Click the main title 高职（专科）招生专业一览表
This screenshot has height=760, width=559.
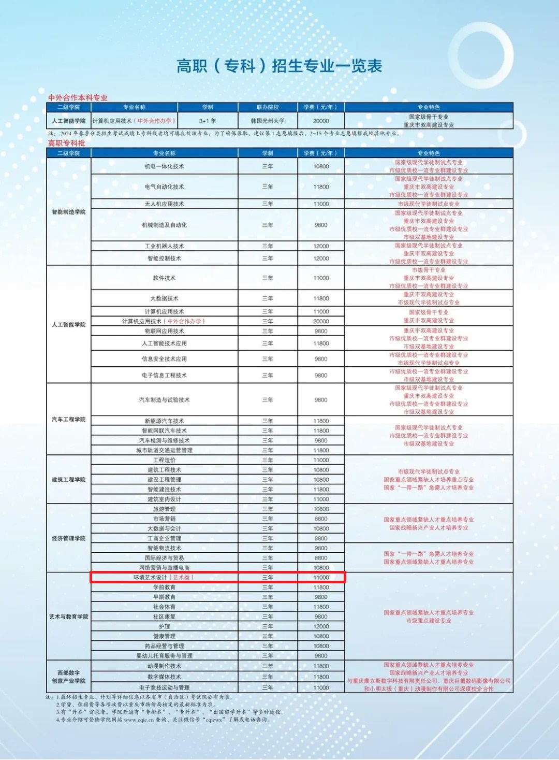[x=279, y=66]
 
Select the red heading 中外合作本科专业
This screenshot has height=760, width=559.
[x=78, y=97]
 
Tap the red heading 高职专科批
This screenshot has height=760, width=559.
[x=66, y=143]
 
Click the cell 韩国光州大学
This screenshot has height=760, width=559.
[x=268, y=121]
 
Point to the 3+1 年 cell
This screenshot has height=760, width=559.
[x=208, y=121]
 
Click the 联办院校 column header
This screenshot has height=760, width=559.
[x=268, y=107]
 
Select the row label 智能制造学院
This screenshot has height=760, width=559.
[x=68, y=212]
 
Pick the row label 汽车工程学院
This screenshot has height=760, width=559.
[x=68, y=419]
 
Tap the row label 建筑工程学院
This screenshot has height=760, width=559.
[x=68, y=480]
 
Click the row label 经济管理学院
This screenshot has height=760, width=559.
[x=68, y=538]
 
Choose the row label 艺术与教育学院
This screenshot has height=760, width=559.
[x=68, y=616]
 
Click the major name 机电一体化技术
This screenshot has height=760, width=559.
[x=164, y=166]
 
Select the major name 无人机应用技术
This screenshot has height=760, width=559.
[x=164, y=204]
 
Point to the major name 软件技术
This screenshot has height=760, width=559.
[x=164, y=278]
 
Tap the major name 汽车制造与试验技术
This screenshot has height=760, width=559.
[x=164, y=400]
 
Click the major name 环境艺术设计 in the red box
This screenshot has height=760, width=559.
[x=151, y=578]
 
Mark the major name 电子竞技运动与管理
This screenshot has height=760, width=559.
[x=164, y=687]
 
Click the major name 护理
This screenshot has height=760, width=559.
[x=164, y=626]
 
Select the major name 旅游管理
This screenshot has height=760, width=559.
[x=164, y=509]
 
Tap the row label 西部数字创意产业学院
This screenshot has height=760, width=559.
[x=68, y=677]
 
